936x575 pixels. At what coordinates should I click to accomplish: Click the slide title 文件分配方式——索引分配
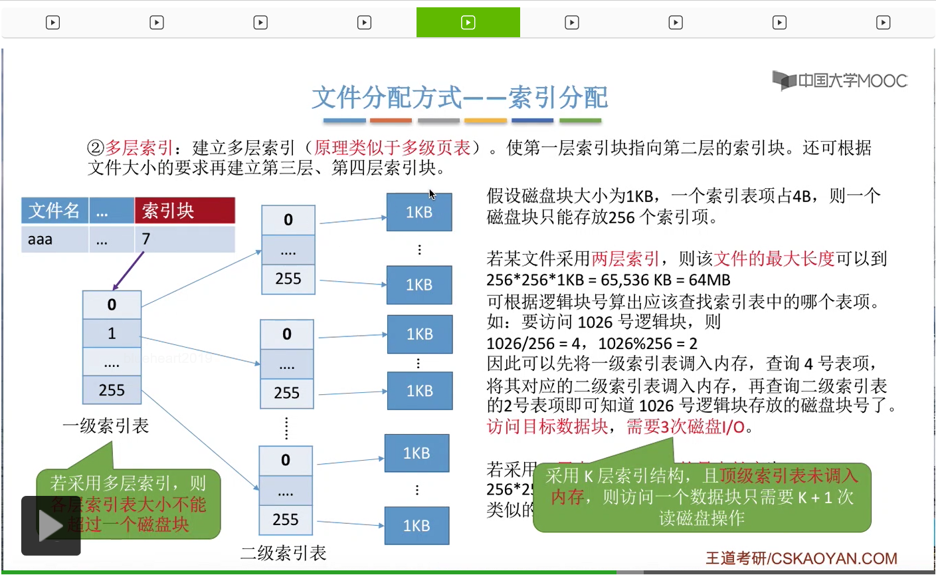click(460, 98)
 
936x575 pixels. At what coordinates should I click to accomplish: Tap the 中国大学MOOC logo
click(840, 81)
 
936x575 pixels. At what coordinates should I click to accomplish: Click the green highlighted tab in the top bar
click(468, 23)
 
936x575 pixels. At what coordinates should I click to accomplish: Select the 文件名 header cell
click(54, 211)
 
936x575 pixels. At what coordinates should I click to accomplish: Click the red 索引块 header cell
click(185, 211)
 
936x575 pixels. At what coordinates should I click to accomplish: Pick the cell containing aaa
click(54, 239)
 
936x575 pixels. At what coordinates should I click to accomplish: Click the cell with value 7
click(185, 239)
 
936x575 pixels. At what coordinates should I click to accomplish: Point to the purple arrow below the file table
click(128, 271)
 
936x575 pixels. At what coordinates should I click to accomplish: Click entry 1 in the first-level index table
click(112, 334)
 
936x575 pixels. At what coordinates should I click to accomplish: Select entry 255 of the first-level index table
click(112, 390)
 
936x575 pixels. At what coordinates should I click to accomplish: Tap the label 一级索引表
click(106, 425)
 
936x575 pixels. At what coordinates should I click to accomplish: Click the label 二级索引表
click(283, 553)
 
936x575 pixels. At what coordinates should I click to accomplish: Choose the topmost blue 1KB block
click(419, 212)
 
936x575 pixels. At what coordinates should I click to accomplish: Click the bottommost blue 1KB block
click(417, 526)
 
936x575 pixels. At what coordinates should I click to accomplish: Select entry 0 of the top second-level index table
click(288, 220)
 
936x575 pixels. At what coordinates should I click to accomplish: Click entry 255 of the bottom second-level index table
click(286, 520)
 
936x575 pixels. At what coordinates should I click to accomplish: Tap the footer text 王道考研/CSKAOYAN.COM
click(801, 558)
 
